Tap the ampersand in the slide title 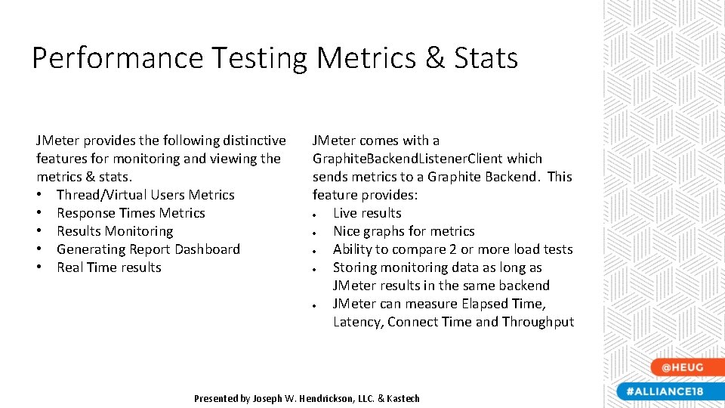click(x=435, y=58)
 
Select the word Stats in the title click(x=486, y=58)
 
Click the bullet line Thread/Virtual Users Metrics click(x=145, y=195)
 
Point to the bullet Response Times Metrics click(x=131, y=213)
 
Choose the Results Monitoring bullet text click(x=115, y=231)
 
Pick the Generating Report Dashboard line click(x=148, y=249)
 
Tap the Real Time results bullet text click(x=109, y=267)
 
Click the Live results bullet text click(x=367, y=213)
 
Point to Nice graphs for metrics click(x=403, y=231)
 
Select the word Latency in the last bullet click(x=358, y=322)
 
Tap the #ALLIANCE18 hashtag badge click(x=665, y=391)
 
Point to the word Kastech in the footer click(x=403, y=398)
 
